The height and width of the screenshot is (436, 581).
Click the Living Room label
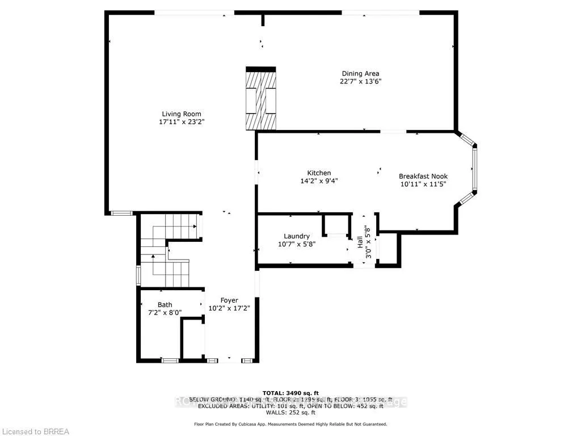pos(181,114)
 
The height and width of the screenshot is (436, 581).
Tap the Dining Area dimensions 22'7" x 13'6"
pos(360,81)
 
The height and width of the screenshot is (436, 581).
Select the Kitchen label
pos(319,173)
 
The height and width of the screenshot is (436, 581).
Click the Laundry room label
pos(297,236)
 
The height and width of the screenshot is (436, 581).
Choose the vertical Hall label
pos(360,242)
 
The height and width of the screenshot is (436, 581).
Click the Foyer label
pos(229,300)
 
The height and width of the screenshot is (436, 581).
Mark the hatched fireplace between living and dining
pos(260,99)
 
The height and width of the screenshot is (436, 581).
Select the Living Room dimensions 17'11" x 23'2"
pos(181,121)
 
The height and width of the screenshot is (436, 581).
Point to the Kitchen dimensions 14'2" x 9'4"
pos(319,181)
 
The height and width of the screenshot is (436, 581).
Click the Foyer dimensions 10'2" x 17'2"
pos(229,308)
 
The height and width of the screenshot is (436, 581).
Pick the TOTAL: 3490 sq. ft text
pos(290,393)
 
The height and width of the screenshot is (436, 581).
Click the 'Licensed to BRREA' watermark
pos(35,431)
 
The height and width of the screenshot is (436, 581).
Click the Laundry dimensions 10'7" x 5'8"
pos(297,244)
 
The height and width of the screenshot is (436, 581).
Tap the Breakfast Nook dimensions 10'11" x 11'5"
pos(423,185)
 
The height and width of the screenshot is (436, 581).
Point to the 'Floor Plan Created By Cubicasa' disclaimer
pos(290,424)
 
